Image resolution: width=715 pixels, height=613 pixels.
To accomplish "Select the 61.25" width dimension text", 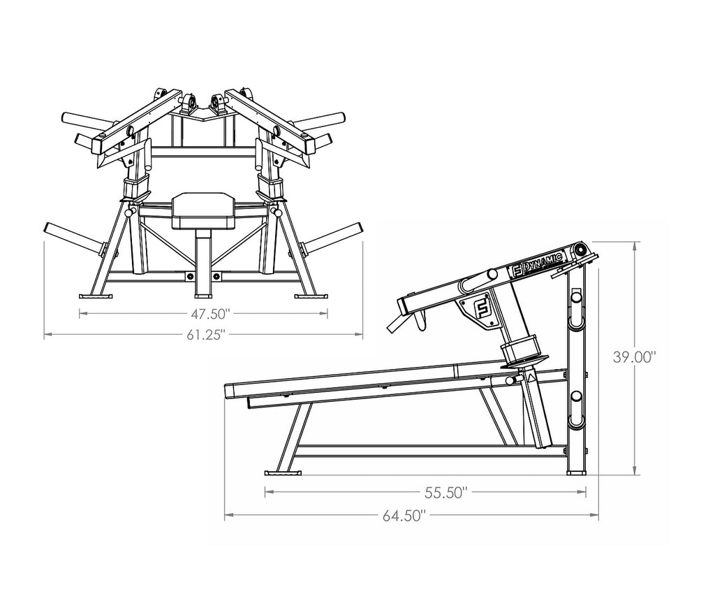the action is tap(206, 335).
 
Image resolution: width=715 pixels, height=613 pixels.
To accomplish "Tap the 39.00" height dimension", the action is tap(634, 357).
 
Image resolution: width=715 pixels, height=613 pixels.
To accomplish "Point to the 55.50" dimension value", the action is tap(446, 493).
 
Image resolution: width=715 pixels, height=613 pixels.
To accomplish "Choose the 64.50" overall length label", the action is tap(404, 516).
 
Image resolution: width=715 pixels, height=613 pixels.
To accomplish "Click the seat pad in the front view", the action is tap(203, 210).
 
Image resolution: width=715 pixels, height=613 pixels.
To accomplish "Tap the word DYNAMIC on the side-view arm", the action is tap(543, 262).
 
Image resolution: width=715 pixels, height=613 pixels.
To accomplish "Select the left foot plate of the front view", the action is tap(96, 296).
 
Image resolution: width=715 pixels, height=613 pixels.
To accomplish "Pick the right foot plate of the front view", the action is tap(311, 296).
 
